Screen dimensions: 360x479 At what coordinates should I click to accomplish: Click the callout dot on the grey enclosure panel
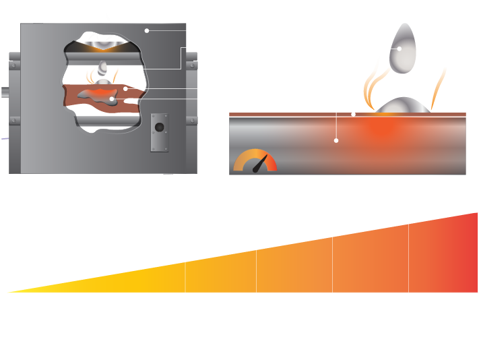pyautogui.click(x=147, y=30)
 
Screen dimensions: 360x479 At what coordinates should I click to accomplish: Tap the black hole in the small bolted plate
pyautogui.click(x=160, y=127)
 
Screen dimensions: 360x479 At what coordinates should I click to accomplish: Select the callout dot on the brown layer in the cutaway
pyautogui.click(x=125, y=88)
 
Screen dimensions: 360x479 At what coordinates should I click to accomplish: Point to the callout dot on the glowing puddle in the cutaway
pyautogui.click(x=112, y=99)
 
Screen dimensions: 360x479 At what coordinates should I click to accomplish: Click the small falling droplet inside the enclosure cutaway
pyautogui.click(x=103, y=67)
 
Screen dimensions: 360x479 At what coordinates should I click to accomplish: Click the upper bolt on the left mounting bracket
pyautogui.click(x=13, y=65)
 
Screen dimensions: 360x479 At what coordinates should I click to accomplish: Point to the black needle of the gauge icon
pyautogui.click(x=260, y=164)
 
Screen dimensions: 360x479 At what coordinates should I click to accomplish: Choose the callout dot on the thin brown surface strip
pyautogui.click(x=354, y=115)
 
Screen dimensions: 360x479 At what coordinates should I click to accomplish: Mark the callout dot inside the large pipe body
pyautogui.click(x=336, y=140)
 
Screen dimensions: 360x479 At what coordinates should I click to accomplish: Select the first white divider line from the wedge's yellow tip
pyautogui.click(x=185, y=277)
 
